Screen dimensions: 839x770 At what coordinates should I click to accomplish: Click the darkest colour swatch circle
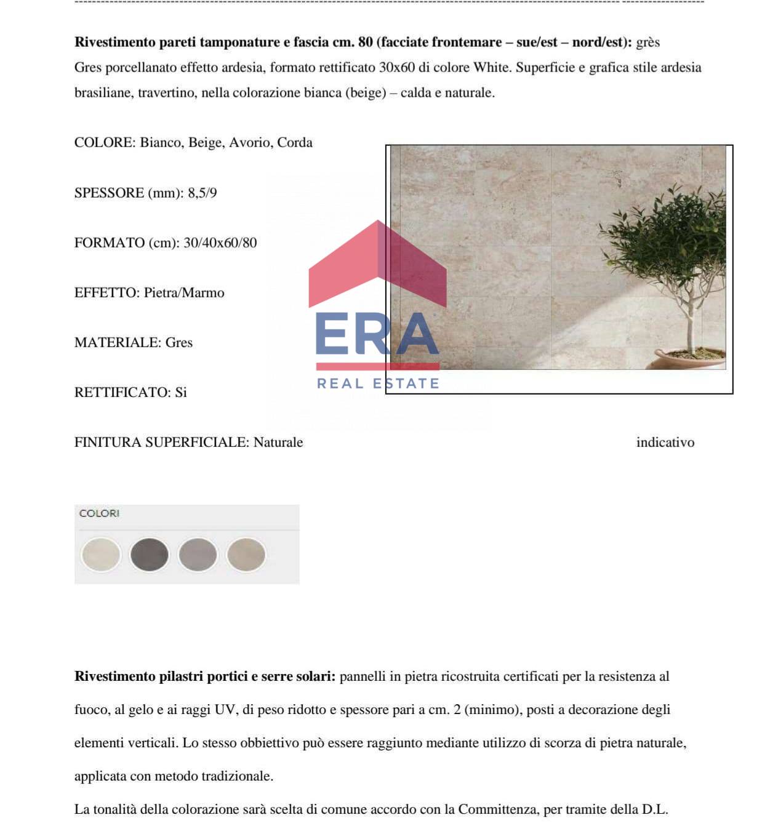tap(149, 554)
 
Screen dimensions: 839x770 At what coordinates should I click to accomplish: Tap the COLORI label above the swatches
tap(99, 513)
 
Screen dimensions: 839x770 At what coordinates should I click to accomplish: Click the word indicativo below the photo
tap(665, 442)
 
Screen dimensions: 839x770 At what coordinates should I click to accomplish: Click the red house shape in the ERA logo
tap(377, 265)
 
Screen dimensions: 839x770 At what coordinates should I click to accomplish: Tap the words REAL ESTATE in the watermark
tap(378, 383)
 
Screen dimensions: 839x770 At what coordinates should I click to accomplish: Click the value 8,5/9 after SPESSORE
tap(202, 193)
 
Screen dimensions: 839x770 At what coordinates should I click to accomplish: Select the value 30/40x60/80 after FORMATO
tap(220, 243)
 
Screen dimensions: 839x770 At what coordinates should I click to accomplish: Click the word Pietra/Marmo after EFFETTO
tap(184, 292)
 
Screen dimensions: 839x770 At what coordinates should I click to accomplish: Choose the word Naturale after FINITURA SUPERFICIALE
tap(278, 442)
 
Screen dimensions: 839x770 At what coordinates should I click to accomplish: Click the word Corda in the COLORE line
tap(295, 142)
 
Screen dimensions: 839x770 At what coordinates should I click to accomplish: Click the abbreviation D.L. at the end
tap(654, 809)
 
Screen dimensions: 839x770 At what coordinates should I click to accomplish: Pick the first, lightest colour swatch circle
tap(100, 554)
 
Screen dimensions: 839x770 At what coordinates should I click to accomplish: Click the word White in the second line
tap(491, 67)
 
